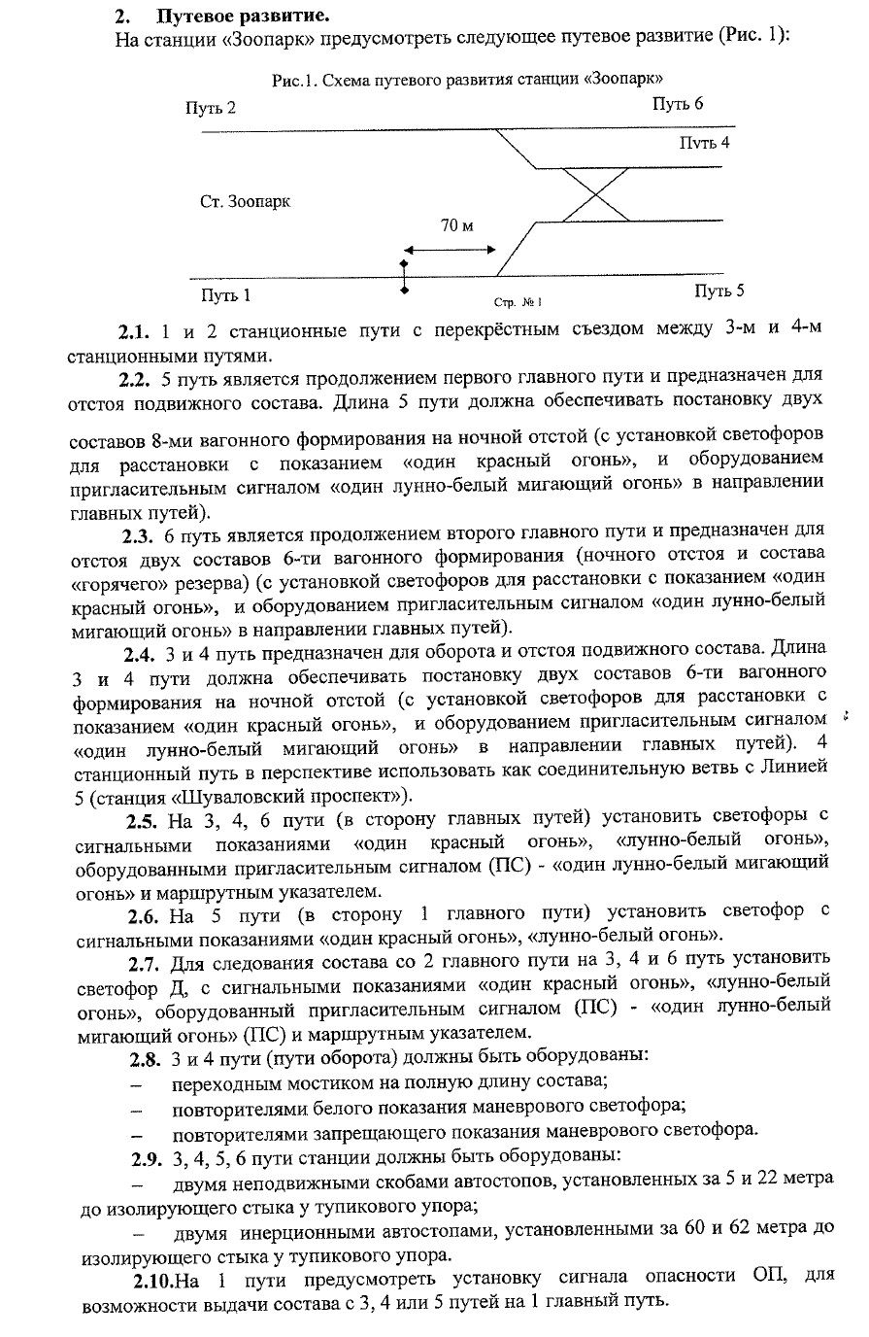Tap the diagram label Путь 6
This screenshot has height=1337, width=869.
(678, 104)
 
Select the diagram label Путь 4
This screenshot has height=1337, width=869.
(703, 143)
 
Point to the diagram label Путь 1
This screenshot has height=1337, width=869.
(225, 294)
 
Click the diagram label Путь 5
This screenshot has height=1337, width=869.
(719, 291)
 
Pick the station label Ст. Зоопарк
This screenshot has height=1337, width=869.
(245, 202)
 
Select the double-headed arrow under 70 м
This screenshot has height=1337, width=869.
(451, 251)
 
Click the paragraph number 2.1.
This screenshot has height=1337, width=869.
(135, 330)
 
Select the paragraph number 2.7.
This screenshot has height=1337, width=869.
(145, 963)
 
